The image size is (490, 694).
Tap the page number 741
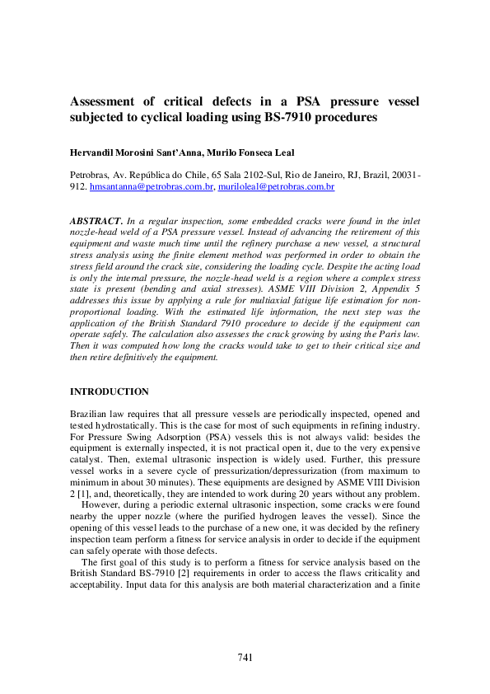245,657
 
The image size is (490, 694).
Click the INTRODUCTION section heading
110,391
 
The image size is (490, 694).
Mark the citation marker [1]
84,494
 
